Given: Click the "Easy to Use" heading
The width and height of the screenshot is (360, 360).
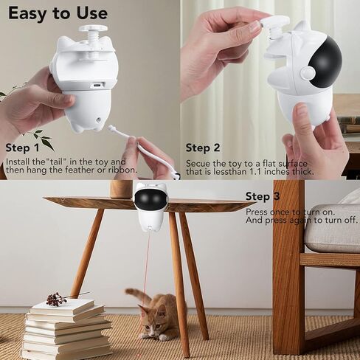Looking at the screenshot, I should point(58,13).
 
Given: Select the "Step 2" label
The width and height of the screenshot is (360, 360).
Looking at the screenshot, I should point(203,148).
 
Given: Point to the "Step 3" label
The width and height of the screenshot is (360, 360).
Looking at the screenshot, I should point(263,196).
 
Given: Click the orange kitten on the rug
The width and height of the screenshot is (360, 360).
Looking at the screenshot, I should point(156,315).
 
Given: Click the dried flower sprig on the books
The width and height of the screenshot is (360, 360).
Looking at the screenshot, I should point(58,298).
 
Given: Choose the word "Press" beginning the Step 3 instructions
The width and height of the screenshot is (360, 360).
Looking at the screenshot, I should point(257,211).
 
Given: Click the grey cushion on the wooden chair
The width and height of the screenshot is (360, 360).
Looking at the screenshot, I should point(331,229).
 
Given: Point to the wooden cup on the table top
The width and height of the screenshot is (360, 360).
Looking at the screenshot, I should point(120,189).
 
